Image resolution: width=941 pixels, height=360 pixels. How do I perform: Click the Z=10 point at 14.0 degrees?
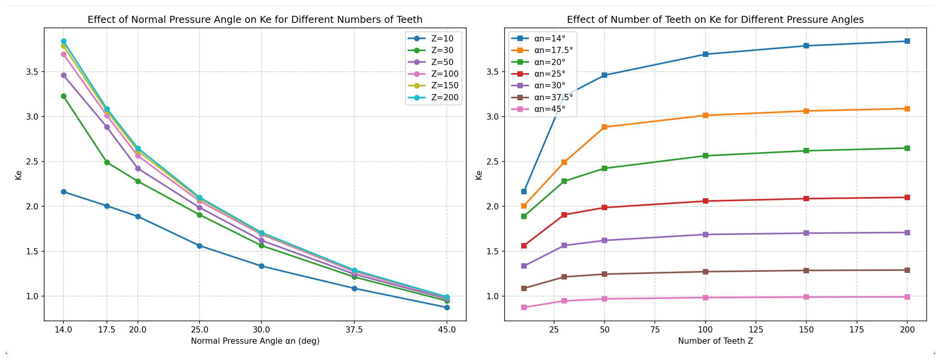pos(64,192)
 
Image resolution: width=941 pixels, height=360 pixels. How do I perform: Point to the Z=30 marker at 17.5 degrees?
pos(107,162)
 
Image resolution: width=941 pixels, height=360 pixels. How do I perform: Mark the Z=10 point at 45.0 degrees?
pos(447,307)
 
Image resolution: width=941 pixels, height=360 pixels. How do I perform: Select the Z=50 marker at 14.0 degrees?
pos(64,75)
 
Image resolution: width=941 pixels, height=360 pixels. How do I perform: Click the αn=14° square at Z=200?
pos(907,41)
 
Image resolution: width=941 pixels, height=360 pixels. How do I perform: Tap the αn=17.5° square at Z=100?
pos(706,115)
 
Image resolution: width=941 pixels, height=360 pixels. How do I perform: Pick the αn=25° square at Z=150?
pos(806,199)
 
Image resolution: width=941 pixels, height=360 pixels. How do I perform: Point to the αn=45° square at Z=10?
pos(524,307)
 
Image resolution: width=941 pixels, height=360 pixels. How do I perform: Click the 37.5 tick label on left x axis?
pos(354,330)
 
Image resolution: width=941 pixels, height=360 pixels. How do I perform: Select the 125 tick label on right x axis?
pos(756,330)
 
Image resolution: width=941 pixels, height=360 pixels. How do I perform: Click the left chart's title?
pos(255,20)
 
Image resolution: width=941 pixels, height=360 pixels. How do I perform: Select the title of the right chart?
pos(715,20)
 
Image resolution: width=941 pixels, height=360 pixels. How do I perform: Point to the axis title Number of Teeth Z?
pos(715,341)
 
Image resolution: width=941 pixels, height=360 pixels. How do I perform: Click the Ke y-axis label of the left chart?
pos(18,175)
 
